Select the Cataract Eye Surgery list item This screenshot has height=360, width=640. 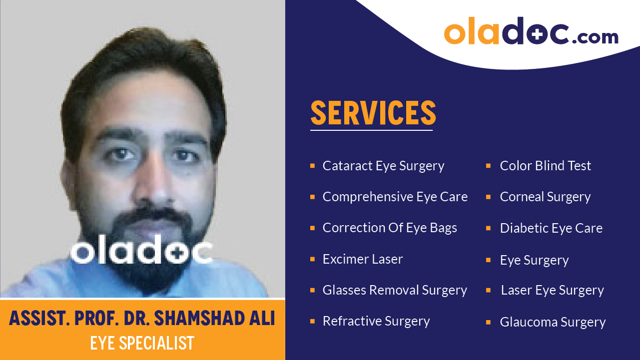tap(383, 166)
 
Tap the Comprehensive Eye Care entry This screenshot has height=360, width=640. tap(395, 197)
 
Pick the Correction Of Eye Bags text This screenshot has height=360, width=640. tap(390, 228)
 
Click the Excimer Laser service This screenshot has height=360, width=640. tap(363, 259)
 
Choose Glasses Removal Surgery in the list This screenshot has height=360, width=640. tap(395, 290)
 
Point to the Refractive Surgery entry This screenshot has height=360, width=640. tap(376, 321)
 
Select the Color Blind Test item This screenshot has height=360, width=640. tap(545, 166)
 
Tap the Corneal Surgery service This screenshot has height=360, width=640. tap(545, 197)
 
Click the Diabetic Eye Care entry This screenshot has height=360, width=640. tap(551, 228)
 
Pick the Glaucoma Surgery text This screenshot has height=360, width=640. tap(553, 322)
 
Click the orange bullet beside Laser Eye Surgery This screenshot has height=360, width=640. tap(488, 290)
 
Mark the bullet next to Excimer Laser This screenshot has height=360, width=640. tap(312, 259)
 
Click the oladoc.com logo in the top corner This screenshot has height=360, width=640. tap(531, 31)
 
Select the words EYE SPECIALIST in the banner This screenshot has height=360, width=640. tap(142, 343)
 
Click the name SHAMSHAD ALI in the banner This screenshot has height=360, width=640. tap(215, 319)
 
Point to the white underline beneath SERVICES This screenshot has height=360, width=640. tap(371, 130)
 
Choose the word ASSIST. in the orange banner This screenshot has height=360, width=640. tap(39, 319)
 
